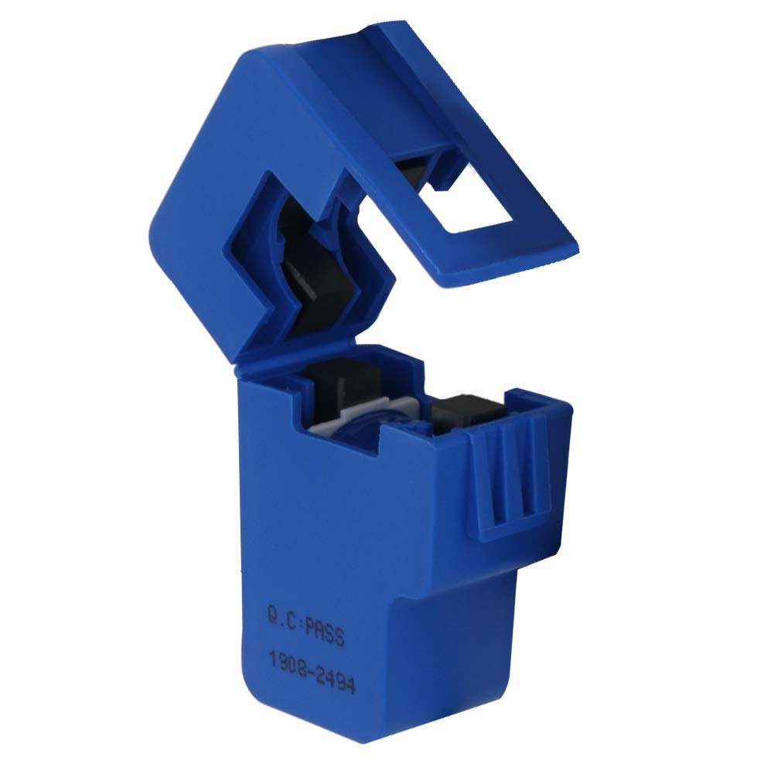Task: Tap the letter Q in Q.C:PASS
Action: pyautogui.click(x=273, y=615)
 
